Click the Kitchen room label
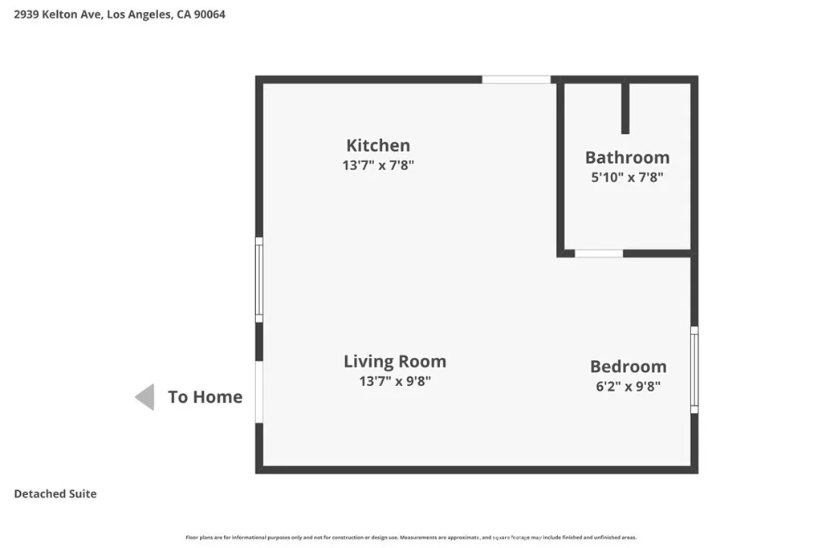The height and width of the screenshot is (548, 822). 377,145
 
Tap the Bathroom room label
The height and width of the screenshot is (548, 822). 627,157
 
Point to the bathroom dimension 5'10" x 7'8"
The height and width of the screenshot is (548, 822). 627,177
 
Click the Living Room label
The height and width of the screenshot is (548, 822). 395,361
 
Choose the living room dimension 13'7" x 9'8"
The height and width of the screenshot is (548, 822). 395,382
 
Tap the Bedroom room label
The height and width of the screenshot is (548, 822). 628,367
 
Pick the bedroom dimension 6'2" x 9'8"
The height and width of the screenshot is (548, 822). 628,386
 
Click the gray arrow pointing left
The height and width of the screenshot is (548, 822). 144,396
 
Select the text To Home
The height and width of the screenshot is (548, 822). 205,396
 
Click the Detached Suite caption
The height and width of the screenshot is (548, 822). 55,493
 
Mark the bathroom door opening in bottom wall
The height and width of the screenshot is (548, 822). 599,254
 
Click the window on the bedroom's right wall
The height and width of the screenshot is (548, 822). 694,370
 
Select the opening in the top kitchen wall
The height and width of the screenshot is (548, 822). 516,79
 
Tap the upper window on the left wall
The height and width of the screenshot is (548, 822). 259,279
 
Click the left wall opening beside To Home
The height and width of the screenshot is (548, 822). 259,392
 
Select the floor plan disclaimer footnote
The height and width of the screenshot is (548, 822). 411,538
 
